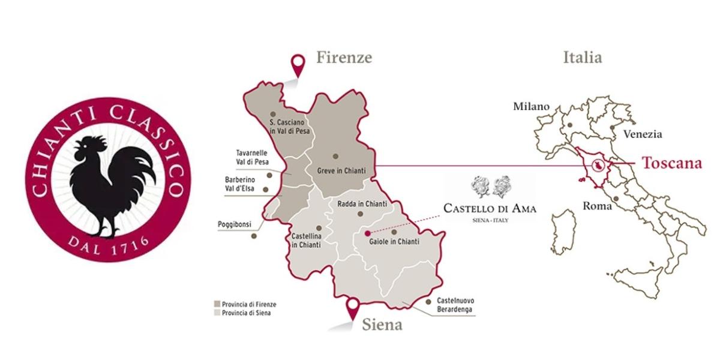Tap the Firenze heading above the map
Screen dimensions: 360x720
pos(344,58)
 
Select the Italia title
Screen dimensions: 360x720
pos(583,58)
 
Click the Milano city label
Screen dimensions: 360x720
pos(531,107)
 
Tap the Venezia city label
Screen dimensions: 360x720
pos(642,134)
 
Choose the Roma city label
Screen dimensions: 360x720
pos(597,206)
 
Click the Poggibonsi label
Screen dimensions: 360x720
pos(235,225)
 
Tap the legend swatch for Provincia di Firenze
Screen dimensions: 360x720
pos(217,304)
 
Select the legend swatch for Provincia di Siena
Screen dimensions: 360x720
pos(217,313)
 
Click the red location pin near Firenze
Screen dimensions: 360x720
pos(296,62)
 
